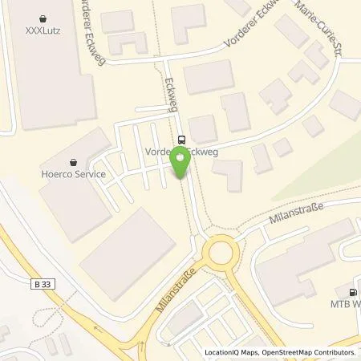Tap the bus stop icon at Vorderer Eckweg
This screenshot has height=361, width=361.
click(x=182, y=138)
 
